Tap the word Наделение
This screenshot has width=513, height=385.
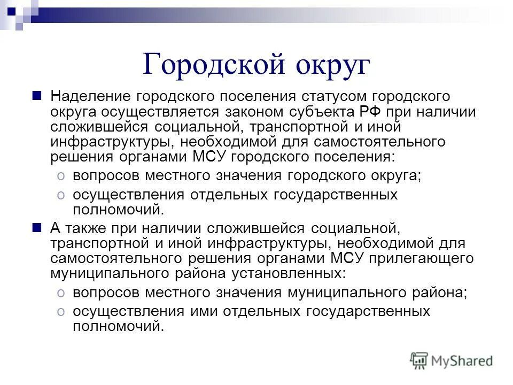(x=90, y=96)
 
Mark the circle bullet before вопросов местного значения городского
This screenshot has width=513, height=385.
(x=61, y=176)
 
